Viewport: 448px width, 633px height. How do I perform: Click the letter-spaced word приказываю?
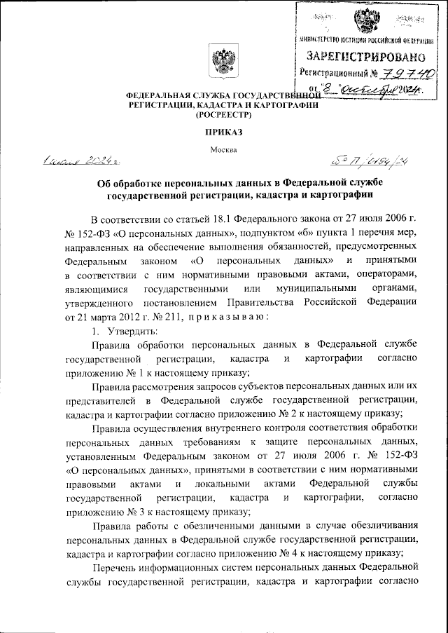pyautogui.click(x=223, y=317)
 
